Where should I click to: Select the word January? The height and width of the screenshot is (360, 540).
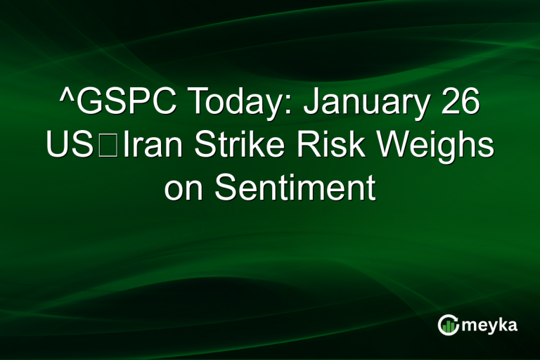pyautogui.click(x=367, y=105)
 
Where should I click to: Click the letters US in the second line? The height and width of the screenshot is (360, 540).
pyautogui.click(x=68, y=147)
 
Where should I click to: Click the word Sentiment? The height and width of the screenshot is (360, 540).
pyautogui.click(x=295, y=189)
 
